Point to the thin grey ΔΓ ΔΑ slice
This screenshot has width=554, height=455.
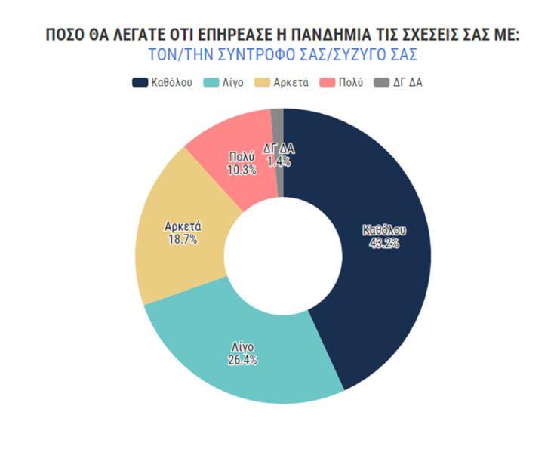pos(277,121)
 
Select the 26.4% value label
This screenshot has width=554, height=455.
pos(242,360)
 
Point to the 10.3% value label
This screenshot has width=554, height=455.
pos(242,170)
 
